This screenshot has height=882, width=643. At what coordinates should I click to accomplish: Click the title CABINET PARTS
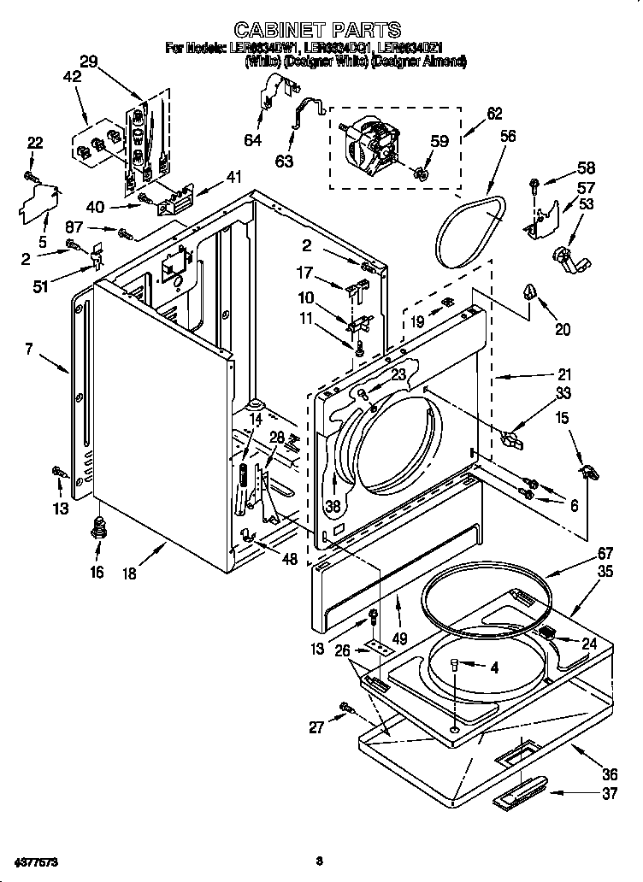[317, 31]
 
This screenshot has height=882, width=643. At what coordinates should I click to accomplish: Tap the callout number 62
[494, 113]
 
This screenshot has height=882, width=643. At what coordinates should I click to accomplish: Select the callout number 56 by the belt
[508, 135]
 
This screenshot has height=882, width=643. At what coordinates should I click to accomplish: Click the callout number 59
[438, 142]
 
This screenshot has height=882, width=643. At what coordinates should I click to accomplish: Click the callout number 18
[129, 573]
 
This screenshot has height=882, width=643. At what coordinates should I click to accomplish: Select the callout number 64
[252, 140]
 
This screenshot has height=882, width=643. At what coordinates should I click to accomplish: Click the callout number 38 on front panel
[332, 506]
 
